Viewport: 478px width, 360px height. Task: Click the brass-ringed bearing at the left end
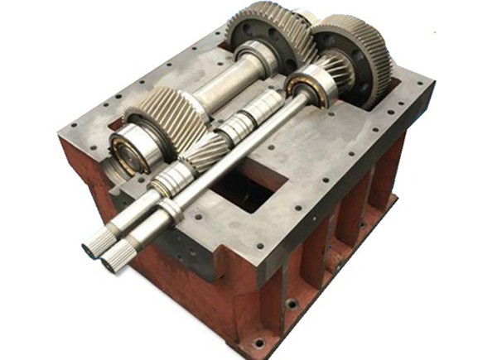pyautogui.click(x=132, y=150)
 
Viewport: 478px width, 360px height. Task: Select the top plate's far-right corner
pyautogui.click(x=431, y=83)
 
